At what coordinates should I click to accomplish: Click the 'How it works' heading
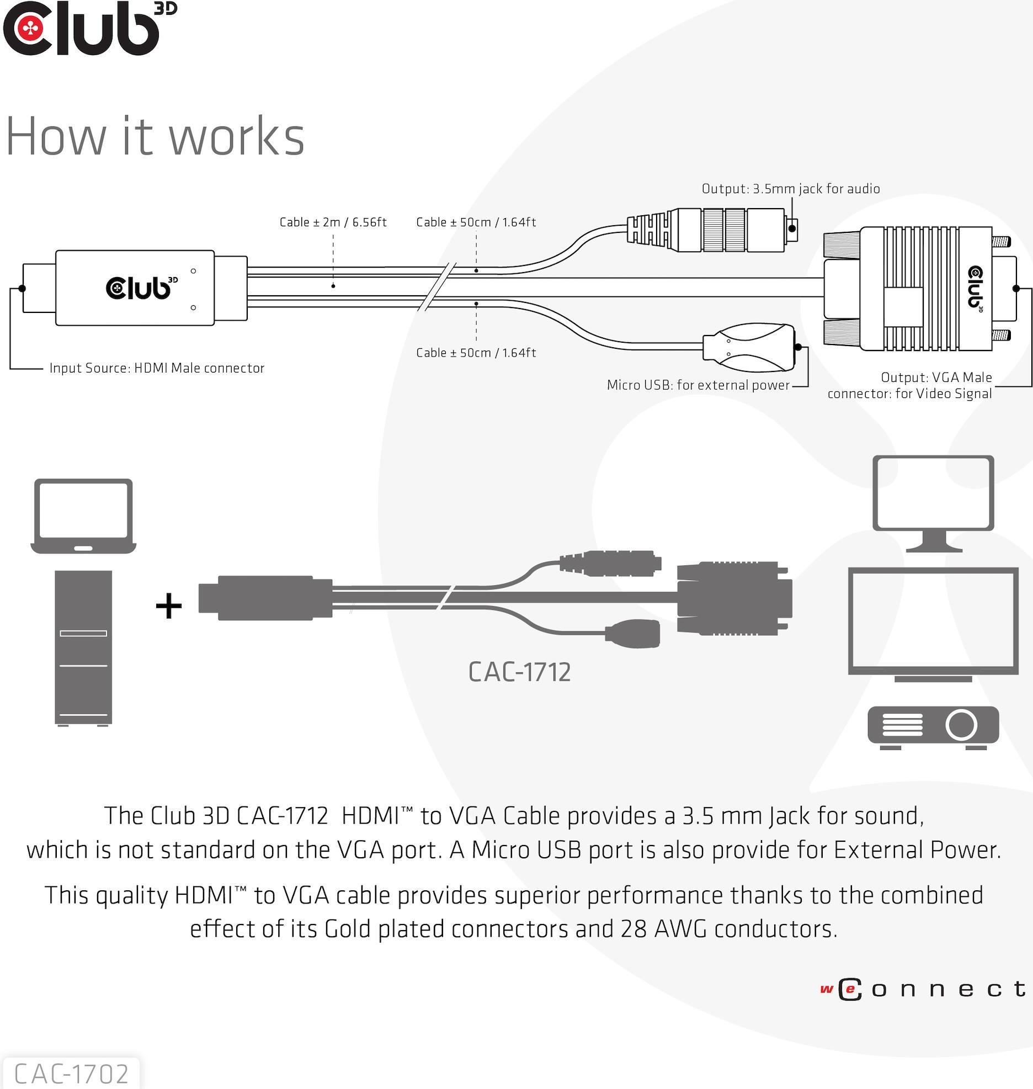155,136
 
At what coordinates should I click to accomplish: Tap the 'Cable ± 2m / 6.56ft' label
333,222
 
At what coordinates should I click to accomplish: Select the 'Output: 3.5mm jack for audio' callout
790,189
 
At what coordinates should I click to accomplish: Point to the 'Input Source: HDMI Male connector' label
157,368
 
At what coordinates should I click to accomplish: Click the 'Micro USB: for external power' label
697,385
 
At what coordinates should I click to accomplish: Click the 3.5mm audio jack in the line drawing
712,230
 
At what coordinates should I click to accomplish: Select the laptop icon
83,516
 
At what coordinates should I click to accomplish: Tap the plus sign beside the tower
169,607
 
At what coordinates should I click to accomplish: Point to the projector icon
933,726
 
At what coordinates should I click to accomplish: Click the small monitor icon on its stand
933,502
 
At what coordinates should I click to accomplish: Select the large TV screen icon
933,624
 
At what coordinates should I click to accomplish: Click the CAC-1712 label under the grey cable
519,672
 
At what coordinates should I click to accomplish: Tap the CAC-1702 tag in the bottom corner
71,1074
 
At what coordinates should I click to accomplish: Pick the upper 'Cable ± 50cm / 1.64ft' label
476,222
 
